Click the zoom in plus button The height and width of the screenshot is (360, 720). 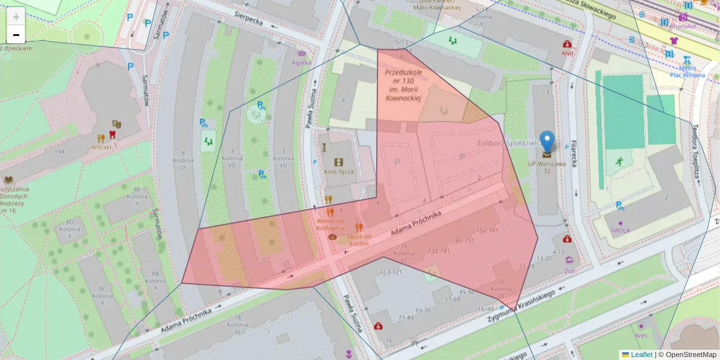[x=16, y=16]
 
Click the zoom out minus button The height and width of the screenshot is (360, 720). [x=16, y=34]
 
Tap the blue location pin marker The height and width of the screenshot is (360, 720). [x=547, y=142]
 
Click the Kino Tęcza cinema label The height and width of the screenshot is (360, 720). [x=339, y=172]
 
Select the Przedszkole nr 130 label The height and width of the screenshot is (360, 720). [x=403, y=85]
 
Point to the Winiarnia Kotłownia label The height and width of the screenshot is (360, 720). [x=330, y=224]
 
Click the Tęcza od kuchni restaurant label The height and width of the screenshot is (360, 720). [x=358, y=239]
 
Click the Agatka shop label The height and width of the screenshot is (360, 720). [x=301, y=62]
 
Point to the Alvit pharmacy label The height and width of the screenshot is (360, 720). [x=567, y=53]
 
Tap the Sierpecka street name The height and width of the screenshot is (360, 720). [x=249, y=20]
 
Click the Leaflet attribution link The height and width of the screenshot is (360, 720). [x=641, y=355]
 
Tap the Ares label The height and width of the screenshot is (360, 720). [x=641, y=335]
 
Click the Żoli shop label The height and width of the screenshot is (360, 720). [x=569, y=271]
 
